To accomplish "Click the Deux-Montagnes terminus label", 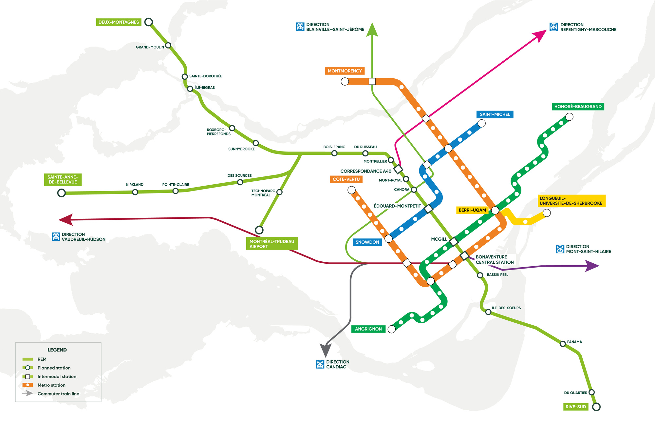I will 119,22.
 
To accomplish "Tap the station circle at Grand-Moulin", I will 168,45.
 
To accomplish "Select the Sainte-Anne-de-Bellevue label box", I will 63,179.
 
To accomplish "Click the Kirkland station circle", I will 135,192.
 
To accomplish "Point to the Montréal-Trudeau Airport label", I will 271,244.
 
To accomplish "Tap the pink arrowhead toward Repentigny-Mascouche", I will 540,35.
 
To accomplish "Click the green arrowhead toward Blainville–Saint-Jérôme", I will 372,30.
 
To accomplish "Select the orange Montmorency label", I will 345,71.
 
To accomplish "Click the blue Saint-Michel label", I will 495,114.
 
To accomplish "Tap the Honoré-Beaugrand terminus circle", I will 569,117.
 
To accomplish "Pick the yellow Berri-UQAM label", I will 472,210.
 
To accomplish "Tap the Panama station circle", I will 563,344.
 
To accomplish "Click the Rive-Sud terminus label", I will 575,407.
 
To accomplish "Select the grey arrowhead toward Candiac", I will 325,351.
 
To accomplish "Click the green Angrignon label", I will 368,329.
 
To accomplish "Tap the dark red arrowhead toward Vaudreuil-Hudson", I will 65,219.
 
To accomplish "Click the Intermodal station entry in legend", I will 57,376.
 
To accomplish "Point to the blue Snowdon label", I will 367,242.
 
